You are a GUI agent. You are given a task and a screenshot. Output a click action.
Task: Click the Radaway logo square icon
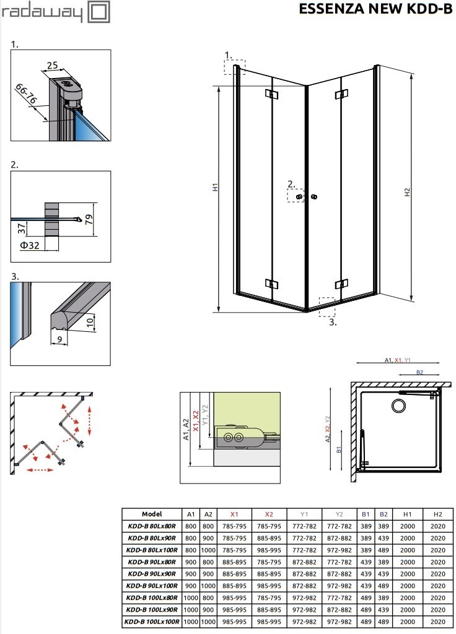tap(99, 12)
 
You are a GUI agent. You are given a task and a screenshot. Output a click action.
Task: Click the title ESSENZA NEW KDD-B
tap(375, 9)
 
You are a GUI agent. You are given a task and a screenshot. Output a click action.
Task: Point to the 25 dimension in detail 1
tap(52, 64)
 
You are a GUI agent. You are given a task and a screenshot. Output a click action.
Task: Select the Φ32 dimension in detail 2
tap(30, 245)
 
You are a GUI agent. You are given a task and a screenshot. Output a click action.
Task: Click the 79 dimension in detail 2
tap(89, 219)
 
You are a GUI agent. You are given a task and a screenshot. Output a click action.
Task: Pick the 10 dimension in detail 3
tap(90, 322)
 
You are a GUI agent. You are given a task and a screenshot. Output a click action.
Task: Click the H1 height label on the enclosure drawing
tap(215, 187)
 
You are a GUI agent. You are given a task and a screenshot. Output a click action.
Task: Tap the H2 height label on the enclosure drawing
tap(407, 192)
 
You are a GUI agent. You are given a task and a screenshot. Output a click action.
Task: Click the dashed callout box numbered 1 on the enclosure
tap(234, 67)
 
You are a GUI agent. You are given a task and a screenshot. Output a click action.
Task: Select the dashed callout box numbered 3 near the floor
tap(327, 307)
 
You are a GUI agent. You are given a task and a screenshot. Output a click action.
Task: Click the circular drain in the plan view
tap(398, 406)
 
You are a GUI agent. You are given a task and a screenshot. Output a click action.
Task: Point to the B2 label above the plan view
tap(419, 372)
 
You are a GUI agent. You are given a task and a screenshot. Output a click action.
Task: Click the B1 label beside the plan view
tap(339, 449)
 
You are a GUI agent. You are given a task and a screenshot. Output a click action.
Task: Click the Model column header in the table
tap(152, 514)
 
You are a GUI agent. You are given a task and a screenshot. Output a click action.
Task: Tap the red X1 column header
tap(234, 515)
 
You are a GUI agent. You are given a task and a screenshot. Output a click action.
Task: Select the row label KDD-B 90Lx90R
tap(152, 574)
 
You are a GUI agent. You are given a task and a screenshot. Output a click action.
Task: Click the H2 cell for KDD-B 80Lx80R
tap(438, 526)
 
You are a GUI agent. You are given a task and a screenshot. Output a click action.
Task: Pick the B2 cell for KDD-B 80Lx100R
tap(383, 550)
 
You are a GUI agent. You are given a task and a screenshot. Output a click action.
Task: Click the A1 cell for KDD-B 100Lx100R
tap(191, 622)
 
